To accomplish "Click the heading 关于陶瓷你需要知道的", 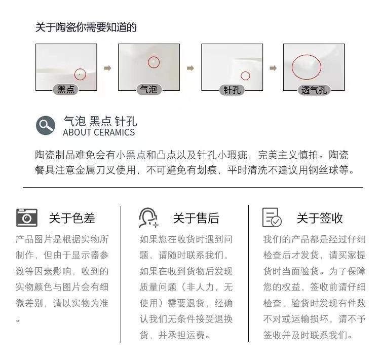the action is coord(86,27).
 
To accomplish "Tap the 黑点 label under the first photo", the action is coord(66,89).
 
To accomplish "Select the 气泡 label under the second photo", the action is coord(148,89).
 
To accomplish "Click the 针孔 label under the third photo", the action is coord(232,90).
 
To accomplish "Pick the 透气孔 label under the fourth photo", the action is coord(314,90).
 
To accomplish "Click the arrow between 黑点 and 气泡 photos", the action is coord(107,68).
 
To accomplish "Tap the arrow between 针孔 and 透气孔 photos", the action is coord(273,68).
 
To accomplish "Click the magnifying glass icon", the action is coord(46,125).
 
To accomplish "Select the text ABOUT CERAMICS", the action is coord(99,132).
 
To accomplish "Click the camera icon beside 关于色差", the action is coord(27,218).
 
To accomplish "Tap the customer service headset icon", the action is coord(148,218).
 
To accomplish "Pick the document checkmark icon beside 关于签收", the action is coord(272,218).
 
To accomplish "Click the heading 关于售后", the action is coord(196,218).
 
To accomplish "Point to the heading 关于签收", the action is coord(320,218).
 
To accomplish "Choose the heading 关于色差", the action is coord(72,218).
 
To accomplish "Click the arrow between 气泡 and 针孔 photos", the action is coord(191,68).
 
